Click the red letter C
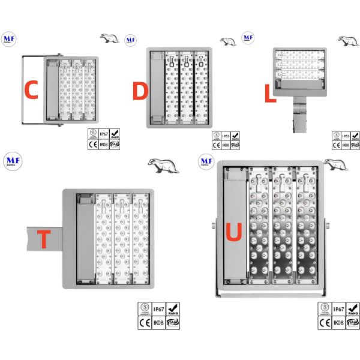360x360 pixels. (x=31, y=90)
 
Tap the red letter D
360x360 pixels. (x=139, y=92)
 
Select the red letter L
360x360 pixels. (x=270, y=94)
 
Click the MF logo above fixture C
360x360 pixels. (x=9, y=38)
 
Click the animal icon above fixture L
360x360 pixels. (x=347, y=41)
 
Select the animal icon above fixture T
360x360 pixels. (x=163, y=165)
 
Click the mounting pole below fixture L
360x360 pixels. (x=298, y=117)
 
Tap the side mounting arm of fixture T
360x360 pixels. (x=45, y=238)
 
